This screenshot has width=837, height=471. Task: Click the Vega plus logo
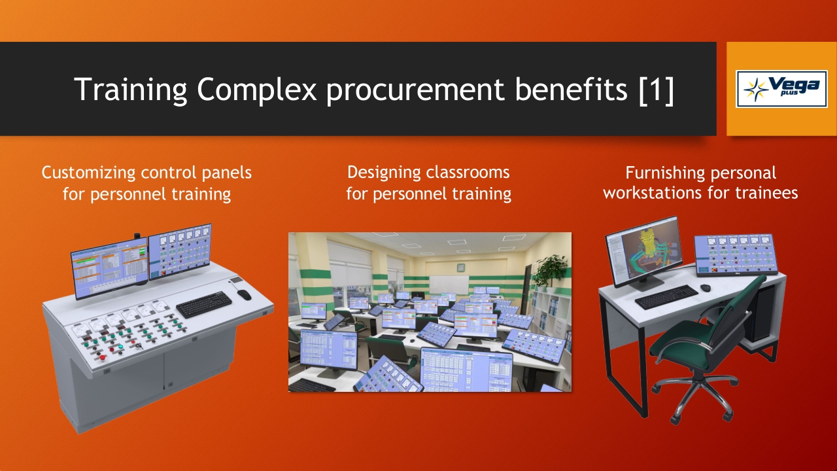pos(781,89)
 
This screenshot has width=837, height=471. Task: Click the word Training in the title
pos(130,90)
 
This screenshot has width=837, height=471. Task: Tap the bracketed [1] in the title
pos(656,90)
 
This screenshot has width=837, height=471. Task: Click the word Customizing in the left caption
pos(88,173)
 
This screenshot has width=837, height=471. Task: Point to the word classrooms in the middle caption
pos(468,172)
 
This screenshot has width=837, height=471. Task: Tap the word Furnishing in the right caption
pos(664,173)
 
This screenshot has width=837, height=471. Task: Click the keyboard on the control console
pos(204,304)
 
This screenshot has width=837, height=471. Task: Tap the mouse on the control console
pos(245,294)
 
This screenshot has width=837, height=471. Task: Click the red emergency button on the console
pos(102,358)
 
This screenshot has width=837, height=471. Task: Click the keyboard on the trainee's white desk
pos(666,297)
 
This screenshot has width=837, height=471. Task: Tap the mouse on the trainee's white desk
pos(706,288)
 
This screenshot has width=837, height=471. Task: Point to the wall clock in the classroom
pos(461,268)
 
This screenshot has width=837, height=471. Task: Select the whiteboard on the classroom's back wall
pos(449,285)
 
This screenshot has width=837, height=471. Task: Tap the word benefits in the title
pos(572,90)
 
